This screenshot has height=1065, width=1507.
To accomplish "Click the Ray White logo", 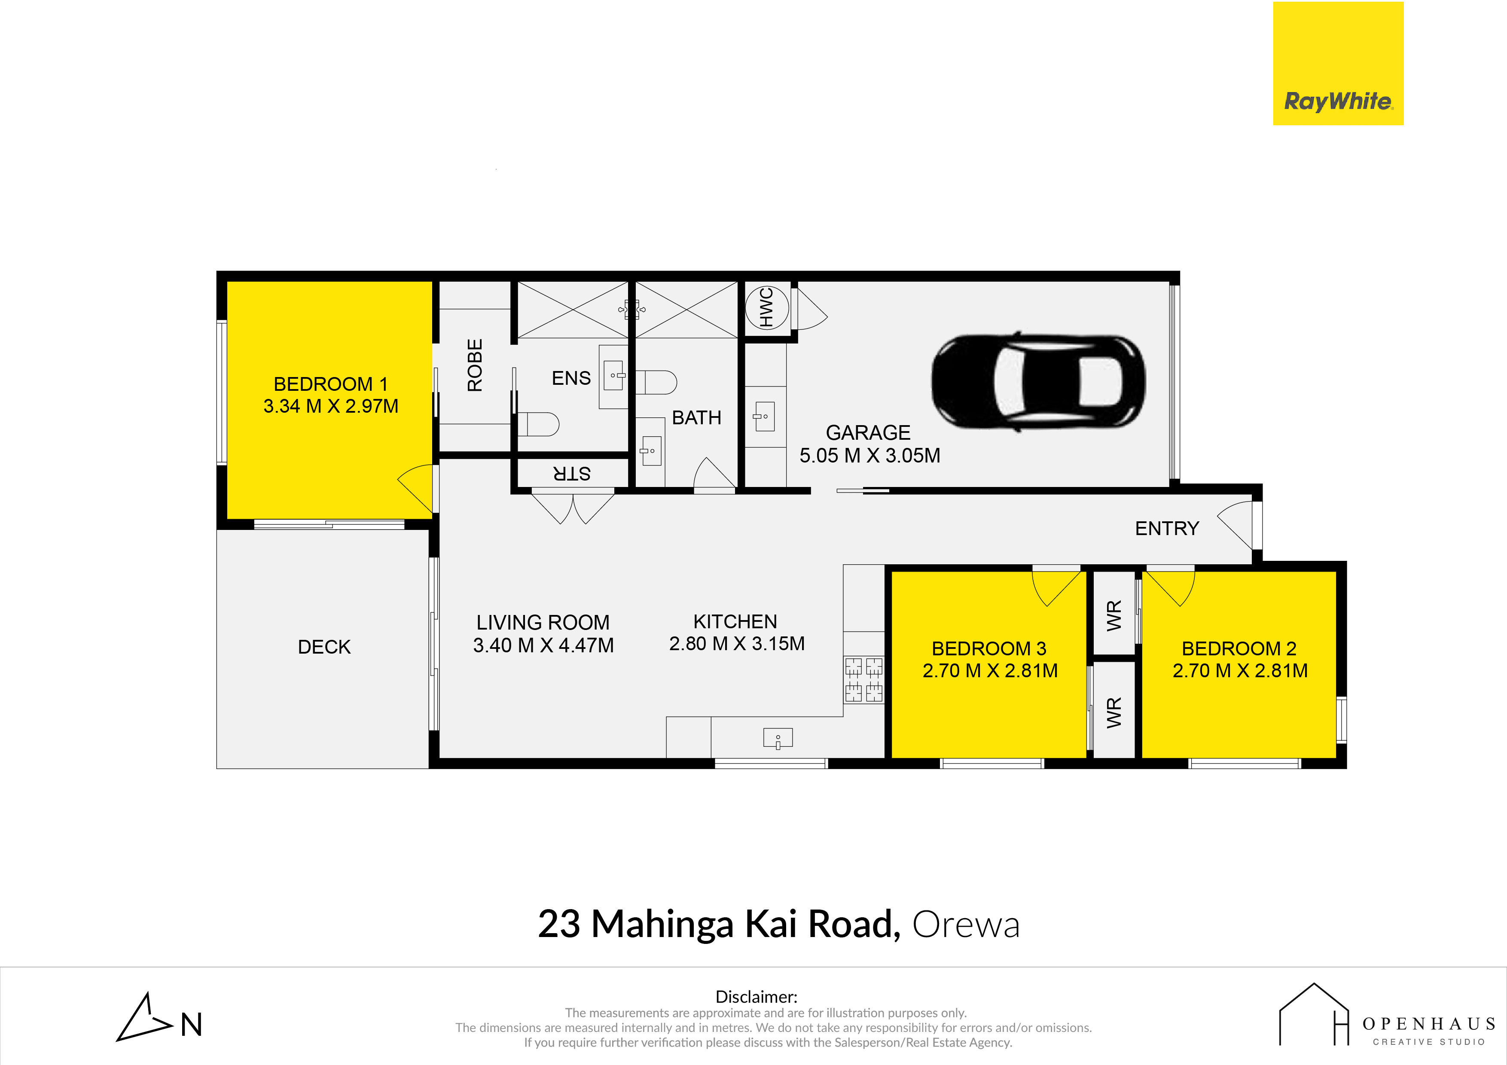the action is pyautogui.click(x=1338, y=63).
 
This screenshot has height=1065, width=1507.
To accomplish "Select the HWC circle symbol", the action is pyautogui.click(x=767, y=307).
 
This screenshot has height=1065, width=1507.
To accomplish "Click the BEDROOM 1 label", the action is pyautogui.click(x=330, y=384).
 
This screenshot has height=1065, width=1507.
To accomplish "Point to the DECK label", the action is pyautogui.click(x=324, y=647).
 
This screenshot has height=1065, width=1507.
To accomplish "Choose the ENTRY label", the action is pyautogui.click(x=1167, y=528).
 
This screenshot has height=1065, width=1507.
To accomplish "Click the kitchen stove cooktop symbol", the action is pyautogui.click(x=864, y=680).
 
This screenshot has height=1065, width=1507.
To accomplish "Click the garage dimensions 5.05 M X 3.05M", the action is pyautogui.click(x=869, y=455).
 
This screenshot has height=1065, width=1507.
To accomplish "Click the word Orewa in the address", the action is pyautogui.click(x=966, y=925).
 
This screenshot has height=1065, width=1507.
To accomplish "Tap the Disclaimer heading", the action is pyautogui.click(x=756, y=997).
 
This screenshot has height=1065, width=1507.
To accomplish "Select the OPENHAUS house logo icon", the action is pyautogui.click(x=1314, y=1014).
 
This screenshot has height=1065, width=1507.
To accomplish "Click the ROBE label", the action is pyautogui.click(x=475, y=365).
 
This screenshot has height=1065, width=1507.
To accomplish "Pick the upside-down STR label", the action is pyautogui.click(x=572, y=473).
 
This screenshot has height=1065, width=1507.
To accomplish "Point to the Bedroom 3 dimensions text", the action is pyautogui.click(x=990, y=671).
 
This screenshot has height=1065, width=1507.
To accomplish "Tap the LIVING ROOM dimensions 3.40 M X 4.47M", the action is pyautogui.click(x=543, y=645).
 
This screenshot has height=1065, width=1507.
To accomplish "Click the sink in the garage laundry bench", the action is pyautogui.click(x=765, y=417).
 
